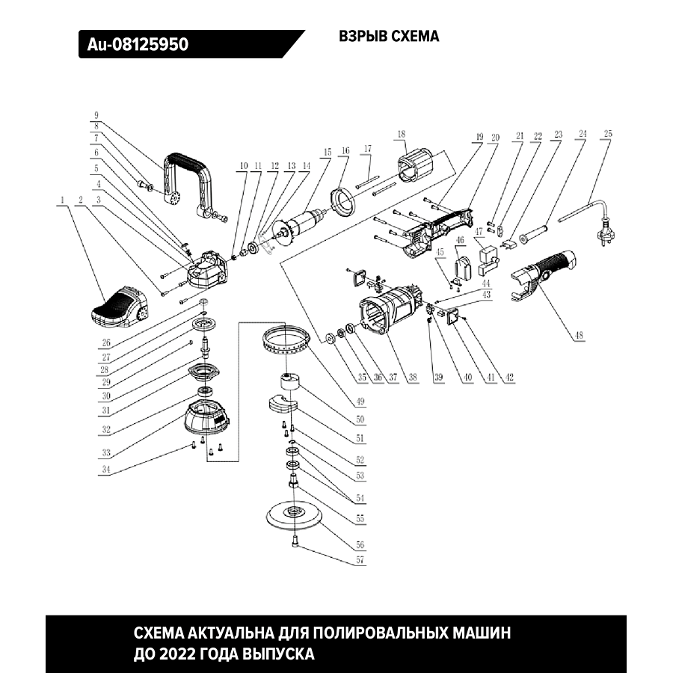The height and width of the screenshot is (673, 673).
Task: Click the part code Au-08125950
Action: (138, 45)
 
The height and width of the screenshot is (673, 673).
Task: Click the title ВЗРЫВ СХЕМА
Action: (389, 37)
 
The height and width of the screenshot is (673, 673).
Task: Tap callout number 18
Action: (402, 135)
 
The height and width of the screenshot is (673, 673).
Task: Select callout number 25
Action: (608, 135)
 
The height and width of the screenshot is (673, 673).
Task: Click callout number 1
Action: (64, 200)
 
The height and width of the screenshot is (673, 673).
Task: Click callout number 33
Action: (106, 453)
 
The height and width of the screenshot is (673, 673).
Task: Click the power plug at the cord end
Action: (603, 238)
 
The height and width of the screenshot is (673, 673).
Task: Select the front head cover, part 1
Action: (120, 307)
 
